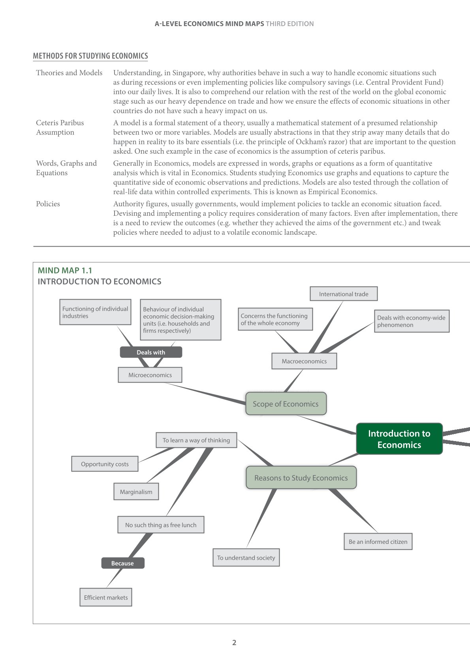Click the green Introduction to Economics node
399,439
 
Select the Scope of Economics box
286,404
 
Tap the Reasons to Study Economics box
301,478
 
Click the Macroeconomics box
304,361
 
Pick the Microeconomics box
150,375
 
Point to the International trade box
344,294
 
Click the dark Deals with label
151,352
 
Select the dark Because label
122,563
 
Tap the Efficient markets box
106,598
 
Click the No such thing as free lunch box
161,525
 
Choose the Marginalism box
136,492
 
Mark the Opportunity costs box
105,464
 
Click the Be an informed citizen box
378,541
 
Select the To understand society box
246,558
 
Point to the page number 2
234,643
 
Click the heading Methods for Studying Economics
90,56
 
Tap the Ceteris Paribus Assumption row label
60,127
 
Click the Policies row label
48,204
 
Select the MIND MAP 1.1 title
65,270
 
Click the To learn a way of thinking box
196,440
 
